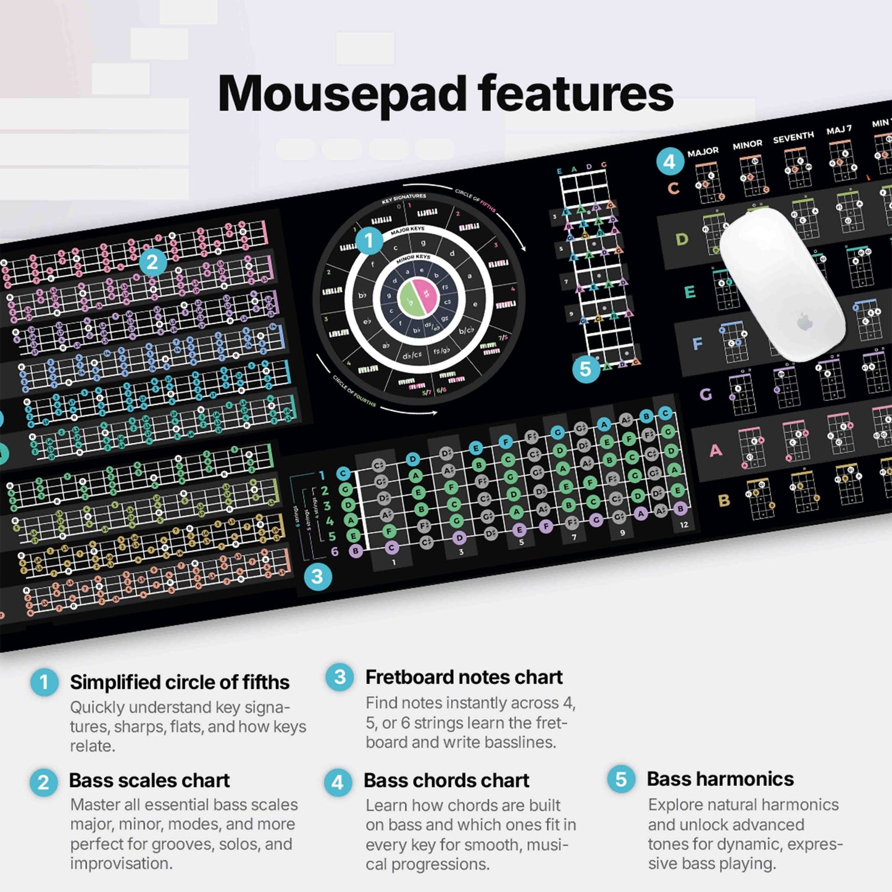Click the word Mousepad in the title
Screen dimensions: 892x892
(x=342, y=94)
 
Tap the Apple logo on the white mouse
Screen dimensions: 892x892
(x=804, y=322)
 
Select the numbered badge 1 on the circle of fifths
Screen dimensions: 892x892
(x=369, y=240)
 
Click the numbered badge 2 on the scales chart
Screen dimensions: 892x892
(x=152, y=262)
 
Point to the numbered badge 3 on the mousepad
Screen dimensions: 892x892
(x=317, y=577)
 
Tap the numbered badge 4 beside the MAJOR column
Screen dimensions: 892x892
(x=670, y=162)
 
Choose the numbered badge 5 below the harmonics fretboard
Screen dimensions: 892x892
(x=586, y=369)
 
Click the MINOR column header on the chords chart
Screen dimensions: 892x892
(x=747, y=144)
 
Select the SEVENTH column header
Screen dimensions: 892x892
(x=793, y=136)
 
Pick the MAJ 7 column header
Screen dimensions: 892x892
(x=839, y=130)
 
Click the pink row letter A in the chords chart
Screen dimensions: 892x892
(x=715, y=451)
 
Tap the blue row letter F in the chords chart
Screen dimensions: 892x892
(x=698, y=344)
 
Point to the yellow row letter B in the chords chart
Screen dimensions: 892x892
(x=724, y=501)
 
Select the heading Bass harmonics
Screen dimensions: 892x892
(x=720, y=779)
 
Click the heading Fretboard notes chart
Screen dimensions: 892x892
(x=464, y=677)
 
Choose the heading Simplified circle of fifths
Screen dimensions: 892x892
(x=179, y=682)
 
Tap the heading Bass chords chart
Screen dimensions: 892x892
(x=446, y=780)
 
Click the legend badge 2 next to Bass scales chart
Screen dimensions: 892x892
(x=43, y=783)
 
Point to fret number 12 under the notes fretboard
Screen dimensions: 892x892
(x=683, y=525)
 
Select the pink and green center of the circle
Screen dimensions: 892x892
(x=418, y=296)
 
